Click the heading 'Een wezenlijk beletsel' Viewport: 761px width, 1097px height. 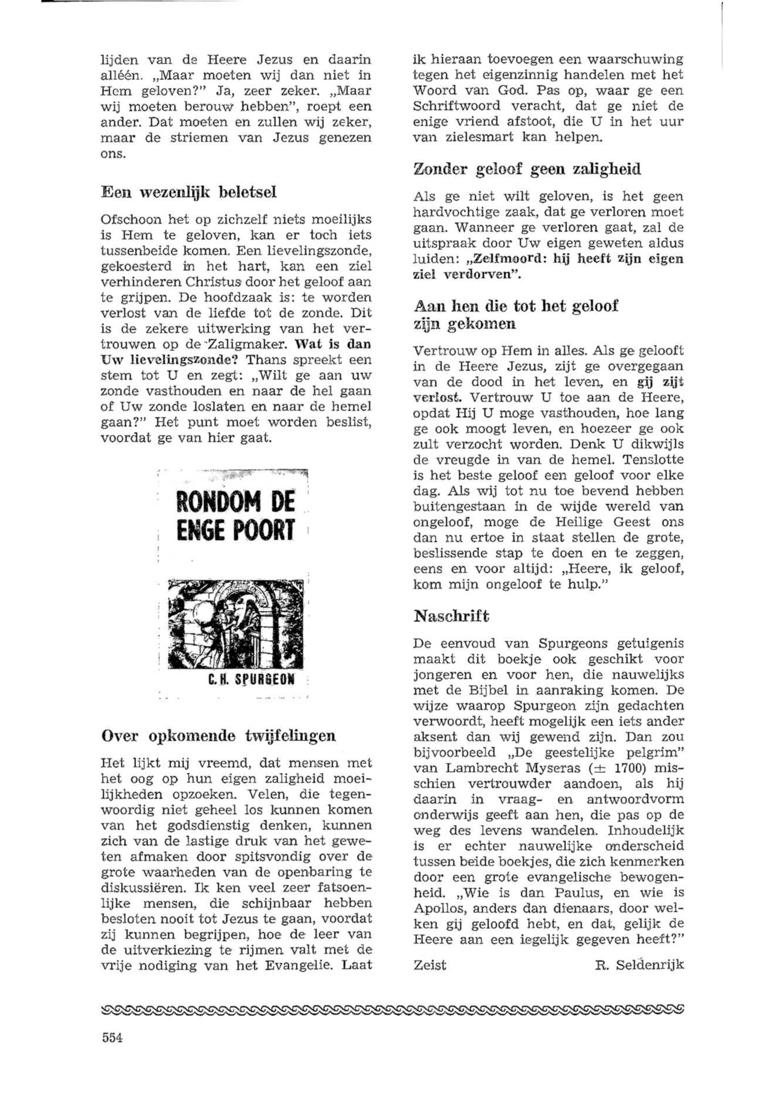click(x=189, y=193)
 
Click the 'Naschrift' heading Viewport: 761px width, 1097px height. click(x=452, y=617)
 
